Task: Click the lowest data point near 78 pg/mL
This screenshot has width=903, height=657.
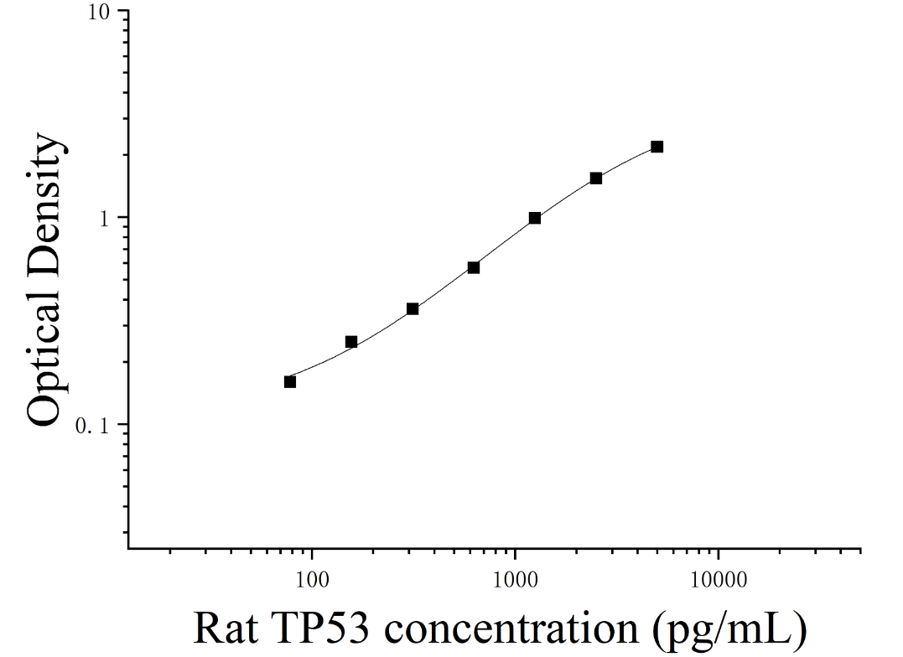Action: (x=289, y=382)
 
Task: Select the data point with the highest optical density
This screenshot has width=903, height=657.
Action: (x=657, y=147)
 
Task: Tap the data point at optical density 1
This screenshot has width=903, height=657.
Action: (x=534, y=218)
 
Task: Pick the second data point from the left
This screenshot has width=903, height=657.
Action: (x=351, y=342)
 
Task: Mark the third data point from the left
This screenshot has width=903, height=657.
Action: (x=413, y=309)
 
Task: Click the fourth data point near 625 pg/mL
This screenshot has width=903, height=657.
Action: (x=474, y=268)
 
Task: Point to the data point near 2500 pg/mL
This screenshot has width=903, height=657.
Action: (x=596, y=178)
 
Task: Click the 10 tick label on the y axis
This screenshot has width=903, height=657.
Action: (x=98, y=13)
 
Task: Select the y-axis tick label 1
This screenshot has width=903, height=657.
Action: (x=105, y=220)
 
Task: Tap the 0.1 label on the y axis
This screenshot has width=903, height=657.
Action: (x=93, y=426)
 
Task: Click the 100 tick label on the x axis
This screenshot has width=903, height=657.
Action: (x=312, y=579)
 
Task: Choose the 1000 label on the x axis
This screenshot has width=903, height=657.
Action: (x=515, y=579)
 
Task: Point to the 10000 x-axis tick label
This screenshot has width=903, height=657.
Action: (x=719, y=579)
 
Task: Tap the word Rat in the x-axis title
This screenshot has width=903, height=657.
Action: (x=226, y=629)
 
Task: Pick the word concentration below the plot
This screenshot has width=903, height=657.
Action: (x=511, y=629)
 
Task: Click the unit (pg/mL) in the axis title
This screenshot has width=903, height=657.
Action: (x=729, y=630)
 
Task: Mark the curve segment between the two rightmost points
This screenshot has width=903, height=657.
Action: (x=627, y=161)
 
